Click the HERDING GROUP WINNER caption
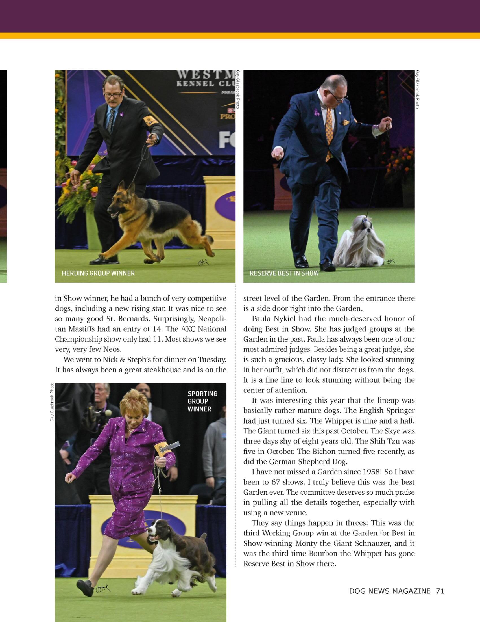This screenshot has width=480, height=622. [98, 273]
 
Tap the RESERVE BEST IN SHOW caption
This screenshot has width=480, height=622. [284, 273]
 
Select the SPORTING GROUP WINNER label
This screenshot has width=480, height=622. [202, 401]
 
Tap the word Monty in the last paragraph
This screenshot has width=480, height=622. [306, 543]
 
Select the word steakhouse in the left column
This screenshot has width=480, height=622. [163, 370]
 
